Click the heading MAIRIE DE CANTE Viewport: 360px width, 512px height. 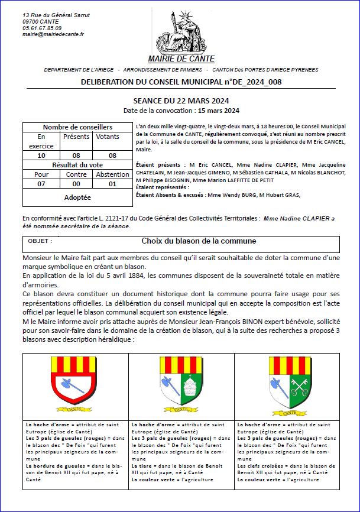pos(181,59)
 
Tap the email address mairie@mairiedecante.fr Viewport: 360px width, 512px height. pos(53,34)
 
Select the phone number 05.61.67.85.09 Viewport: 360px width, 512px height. pos(42,28)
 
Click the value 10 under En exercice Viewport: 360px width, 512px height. pos(41,155)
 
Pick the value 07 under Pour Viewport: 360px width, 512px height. pos(41,184)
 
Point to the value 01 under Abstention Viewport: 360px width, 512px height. pos(112,184)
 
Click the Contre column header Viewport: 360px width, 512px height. pos(76,174)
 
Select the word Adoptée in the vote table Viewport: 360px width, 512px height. pos(77,197)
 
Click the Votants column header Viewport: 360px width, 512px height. pos(107,137)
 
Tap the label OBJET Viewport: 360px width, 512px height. pos(40,241)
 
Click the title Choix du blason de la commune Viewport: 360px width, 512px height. pos(199,241)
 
